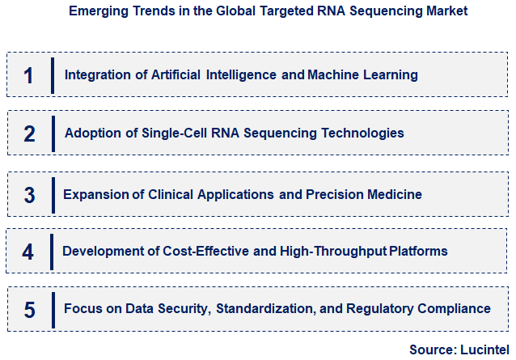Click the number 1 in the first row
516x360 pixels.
(28, 75)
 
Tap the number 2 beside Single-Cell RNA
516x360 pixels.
(29, 133)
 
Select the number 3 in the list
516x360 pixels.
(29, 195)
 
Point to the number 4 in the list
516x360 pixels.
(28, 252)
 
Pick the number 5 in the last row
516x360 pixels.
(28, 309)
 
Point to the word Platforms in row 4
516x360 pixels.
(418, 252)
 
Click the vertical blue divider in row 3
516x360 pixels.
(53, 195)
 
